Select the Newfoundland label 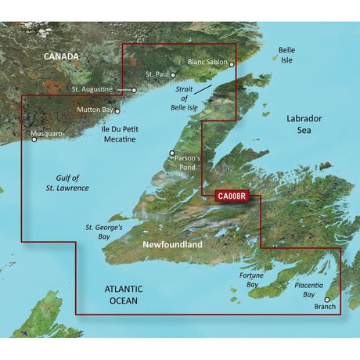coord(172,246)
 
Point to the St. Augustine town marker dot coord(135,91)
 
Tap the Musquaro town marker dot coord(34,141)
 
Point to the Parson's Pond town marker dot coord(173,153)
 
